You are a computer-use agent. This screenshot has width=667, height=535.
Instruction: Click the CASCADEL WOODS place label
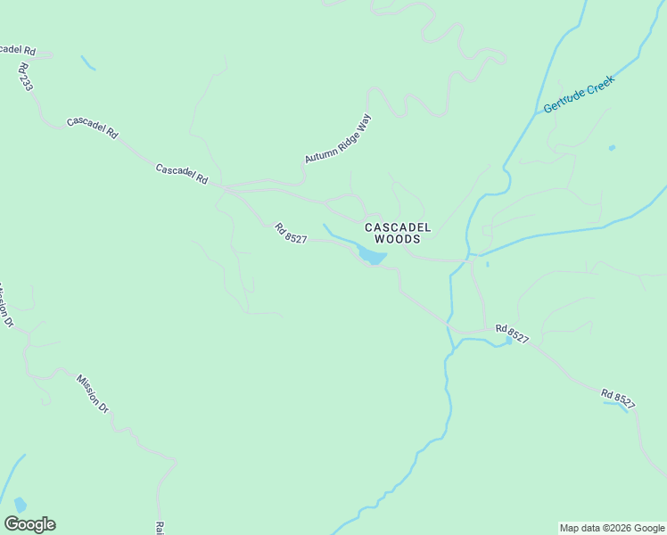[398, 233]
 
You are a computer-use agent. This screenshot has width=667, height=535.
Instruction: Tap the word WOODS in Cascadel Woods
[398, 239]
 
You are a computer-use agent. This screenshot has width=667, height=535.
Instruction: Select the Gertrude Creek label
[580, 94]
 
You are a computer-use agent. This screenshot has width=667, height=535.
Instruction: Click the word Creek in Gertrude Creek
[601, 85]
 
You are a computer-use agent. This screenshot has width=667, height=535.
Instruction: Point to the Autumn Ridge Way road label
[337, 138]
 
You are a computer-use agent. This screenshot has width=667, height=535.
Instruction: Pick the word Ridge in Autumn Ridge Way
[340, 136]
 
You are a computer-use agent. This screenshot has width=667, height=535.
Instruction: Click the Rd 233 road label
[24, 76]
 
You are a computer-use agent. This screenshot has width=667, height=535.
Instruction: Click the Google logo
[29, 524]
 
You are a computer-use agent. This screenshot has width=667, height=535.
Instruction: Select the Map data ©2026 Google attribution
[611, 528]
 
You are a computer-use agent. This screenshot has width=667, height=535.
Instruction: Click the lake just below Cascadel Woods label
[372, 258]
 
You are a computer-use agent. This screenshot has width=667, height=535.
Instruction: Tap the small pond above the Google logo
[20, 506]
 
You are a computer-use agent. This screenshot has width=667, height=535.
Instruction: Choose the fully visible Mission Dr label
[92, 393]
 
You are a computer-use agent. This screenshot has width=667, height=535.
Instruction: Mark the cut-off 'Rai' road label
[160, 528]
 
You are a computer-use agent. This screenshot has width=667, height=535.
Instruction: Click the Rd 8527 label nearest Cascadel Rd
[291, 233]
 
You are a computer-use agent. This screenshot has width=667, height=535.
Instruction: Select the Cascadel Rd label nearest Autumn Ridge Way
[181, 174]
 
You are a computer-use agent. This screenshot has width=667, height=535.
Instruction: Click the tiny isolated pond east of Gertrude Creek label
[611, 147]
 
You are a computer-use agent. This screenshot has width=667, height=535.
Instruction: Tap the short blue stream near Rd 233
[87, 62]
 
